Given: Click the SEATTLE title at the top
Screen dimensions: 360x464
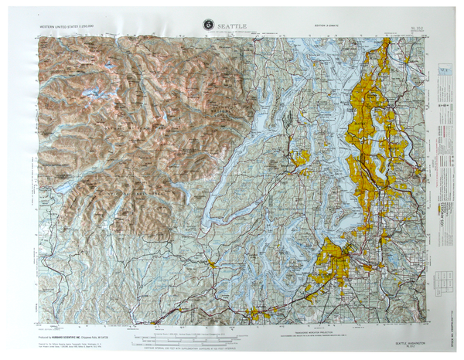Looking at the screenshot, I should (232, 25).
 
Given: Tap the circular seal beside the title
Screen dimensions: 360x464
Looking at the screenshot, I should (208, 25).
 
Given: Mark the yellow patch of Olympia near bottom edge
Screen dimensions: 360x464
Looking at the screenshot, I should (254, 314).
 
